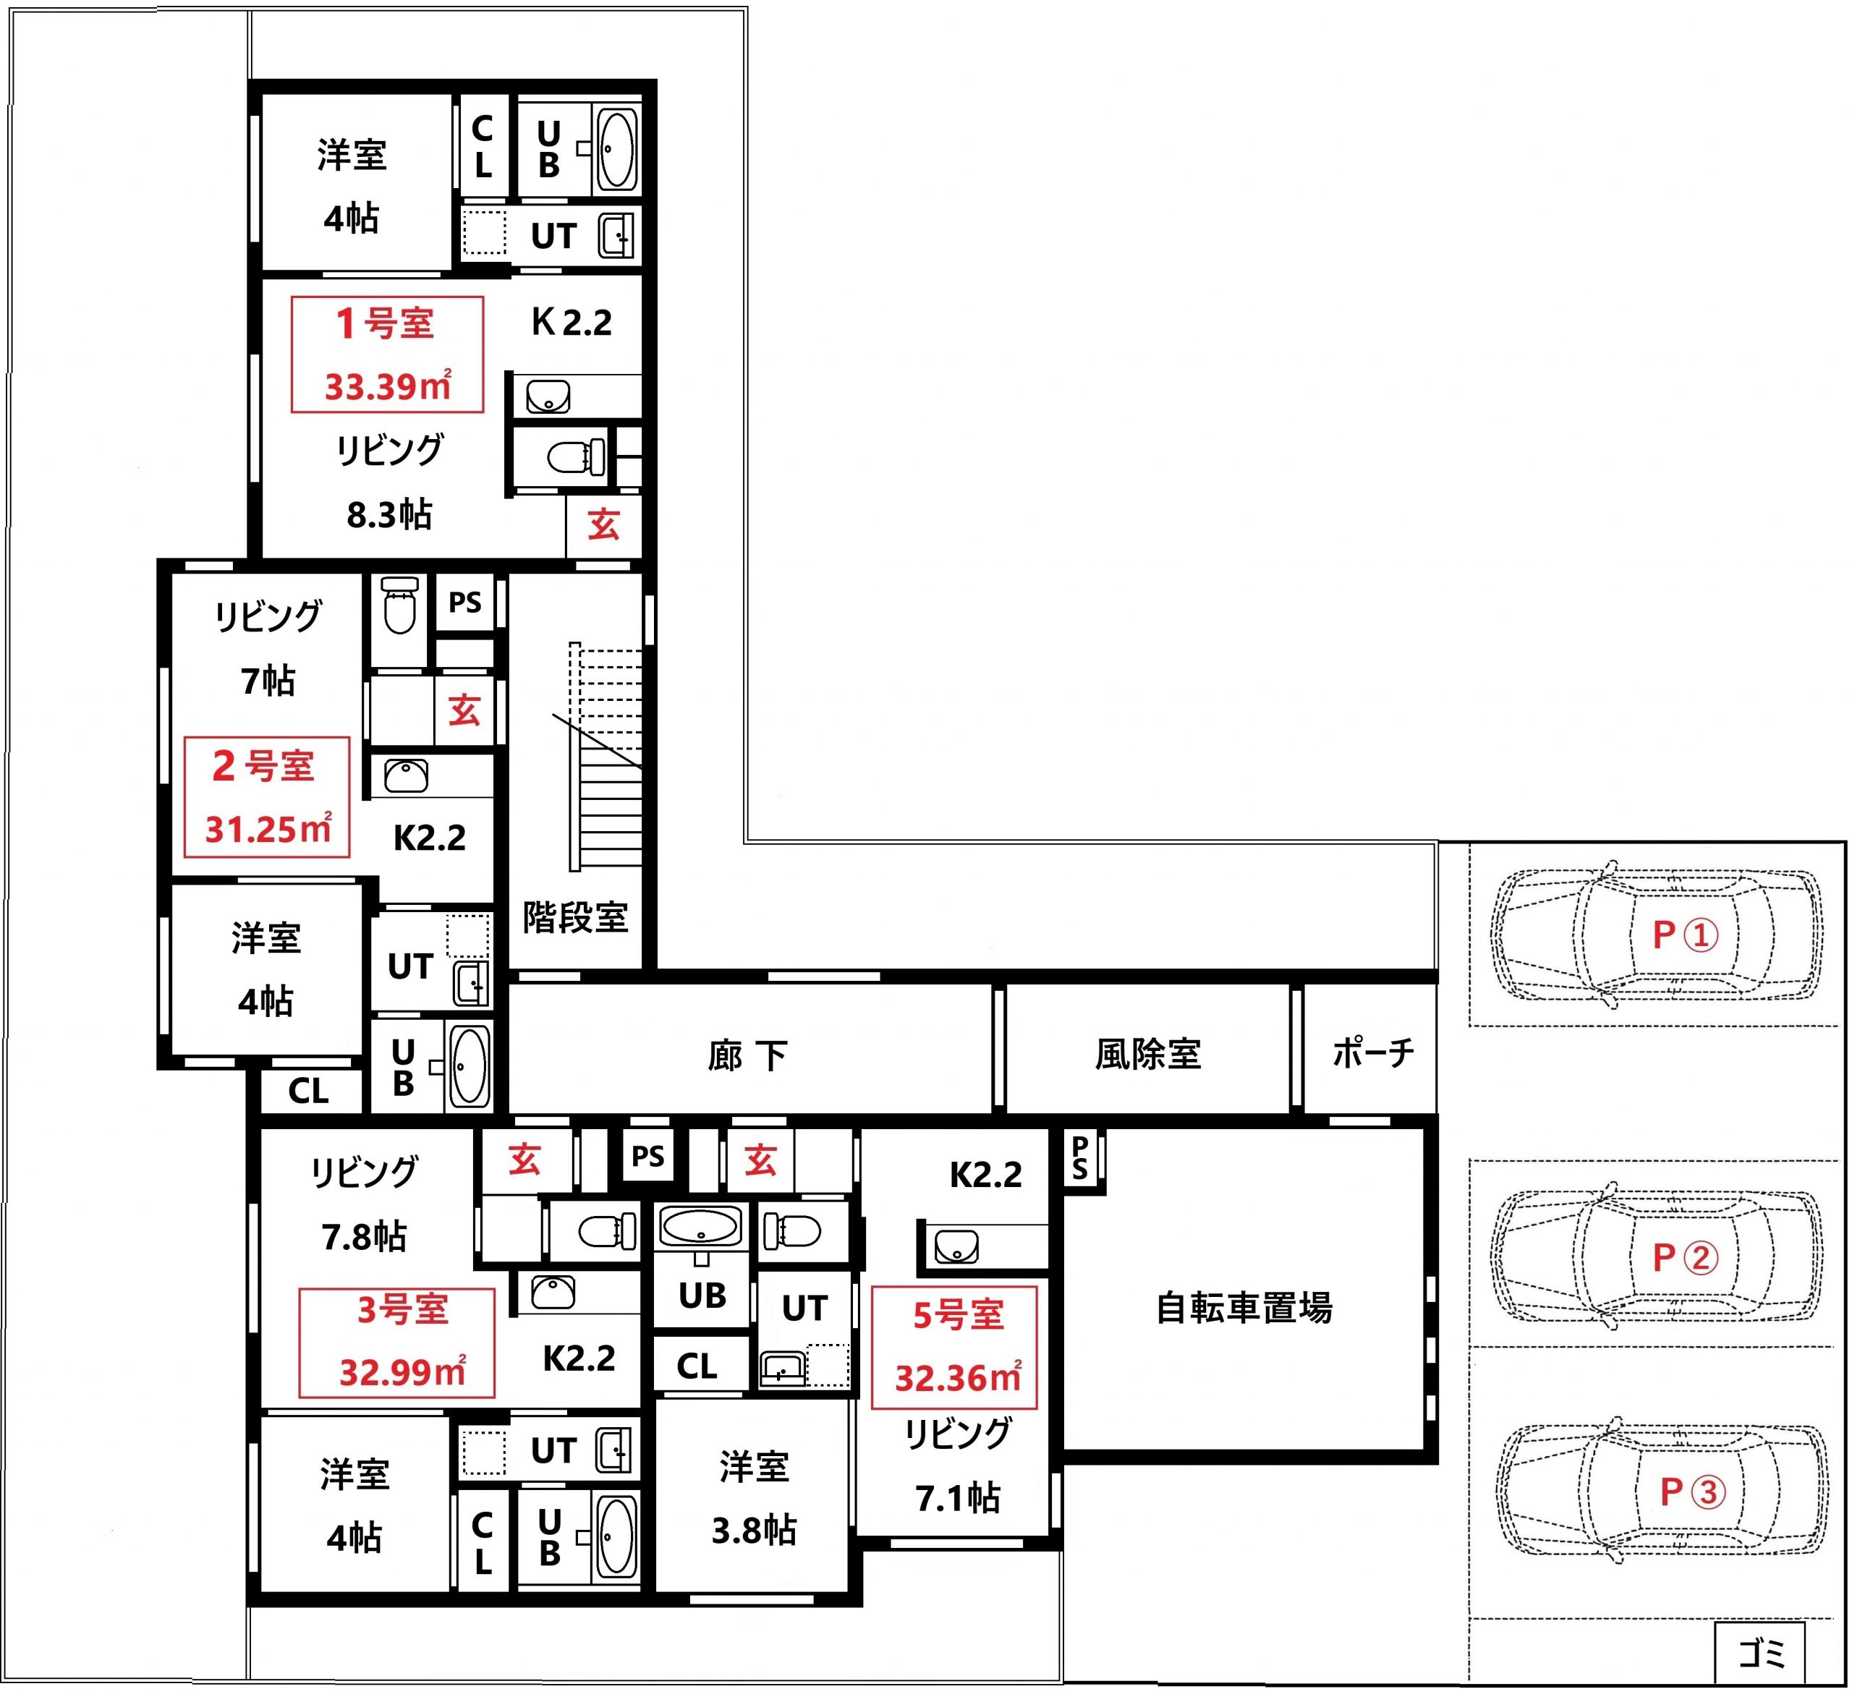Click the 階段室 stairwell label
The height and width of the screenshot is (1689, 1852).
tap(575, 916)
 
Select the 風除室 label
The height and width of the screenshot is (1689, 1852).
tap(1148, 1053)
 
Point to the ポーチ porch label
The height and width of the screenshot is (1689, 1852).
tap(1372, 1052)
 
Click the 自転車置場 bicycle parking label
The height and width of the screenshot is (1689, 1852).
tap(1244, 1308)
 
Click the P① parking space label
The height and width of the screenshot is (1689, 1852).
tap(1685, 935)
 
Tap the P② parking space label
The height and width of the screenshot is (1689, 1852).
tap(1685, 1257)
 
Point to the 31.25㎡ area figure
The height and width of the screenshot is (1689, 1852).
tap(268, 828)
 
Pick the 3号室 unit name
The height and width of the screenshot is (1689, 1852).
tap(402, 1309)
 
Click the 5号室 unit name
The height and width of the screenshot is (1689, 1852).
tap(958, 1315)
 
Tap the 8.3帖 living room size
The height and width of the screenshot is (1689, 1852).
tap(388, 514)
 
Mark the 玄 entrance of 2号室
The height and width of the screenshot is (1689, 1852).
tap(464, 710)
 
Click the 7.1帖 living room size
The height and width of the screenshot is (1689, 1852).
tap(957, 1498)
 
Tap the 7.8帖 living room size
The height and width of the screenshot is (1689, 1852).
tap(364, 1236)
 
